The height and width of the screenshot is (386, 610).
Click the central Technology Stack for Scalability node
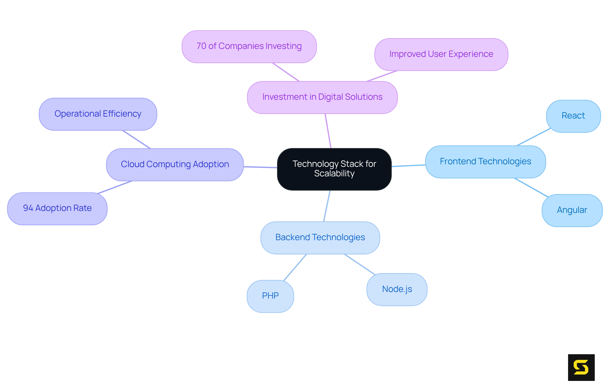point(334,169)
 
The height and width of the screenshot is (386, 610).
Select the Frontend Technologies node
point(485,162)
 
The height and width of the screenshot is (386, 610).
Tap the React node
point(573,116)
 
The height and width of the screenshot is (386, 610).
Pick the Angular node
point(572,210)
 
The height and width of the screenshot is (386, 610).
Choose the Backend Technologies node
point(320,238)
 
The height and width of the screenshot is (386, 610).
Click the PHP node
point(270,296)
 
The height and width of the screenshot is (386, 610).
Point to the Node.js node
point(397,289)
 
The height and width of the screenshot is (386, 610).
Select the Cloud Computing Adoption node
point(175,165)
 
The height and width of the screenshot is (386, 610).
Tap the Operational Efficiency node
point(98,114)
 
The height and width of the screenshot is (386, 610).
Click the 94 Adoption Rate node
point(57,208)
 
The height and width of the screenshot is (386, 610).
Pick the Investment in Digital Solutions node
point(322,97)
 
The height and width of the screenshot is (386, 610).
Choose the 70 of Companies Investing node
point(249,46)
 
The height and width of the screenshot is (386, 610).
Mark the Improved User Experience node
point(441,54)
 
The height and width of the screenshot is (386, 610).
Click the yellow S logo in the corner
point(581,367)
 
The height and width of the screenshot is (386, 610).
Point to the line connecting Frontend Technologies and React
point(533,137)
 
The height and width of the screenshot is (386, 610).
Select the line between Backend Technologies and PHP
point(295,267)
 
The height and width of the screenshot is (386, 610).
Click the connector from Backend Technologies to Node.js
point(360,264)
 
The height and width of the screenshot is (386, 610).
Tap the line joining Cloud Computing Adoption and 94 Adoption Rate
point(115,187)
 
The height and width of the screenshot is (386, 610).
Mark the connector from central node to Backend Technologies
point(327,206)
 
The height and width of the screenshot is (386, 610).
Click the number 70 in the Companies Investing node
point(201,46)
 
